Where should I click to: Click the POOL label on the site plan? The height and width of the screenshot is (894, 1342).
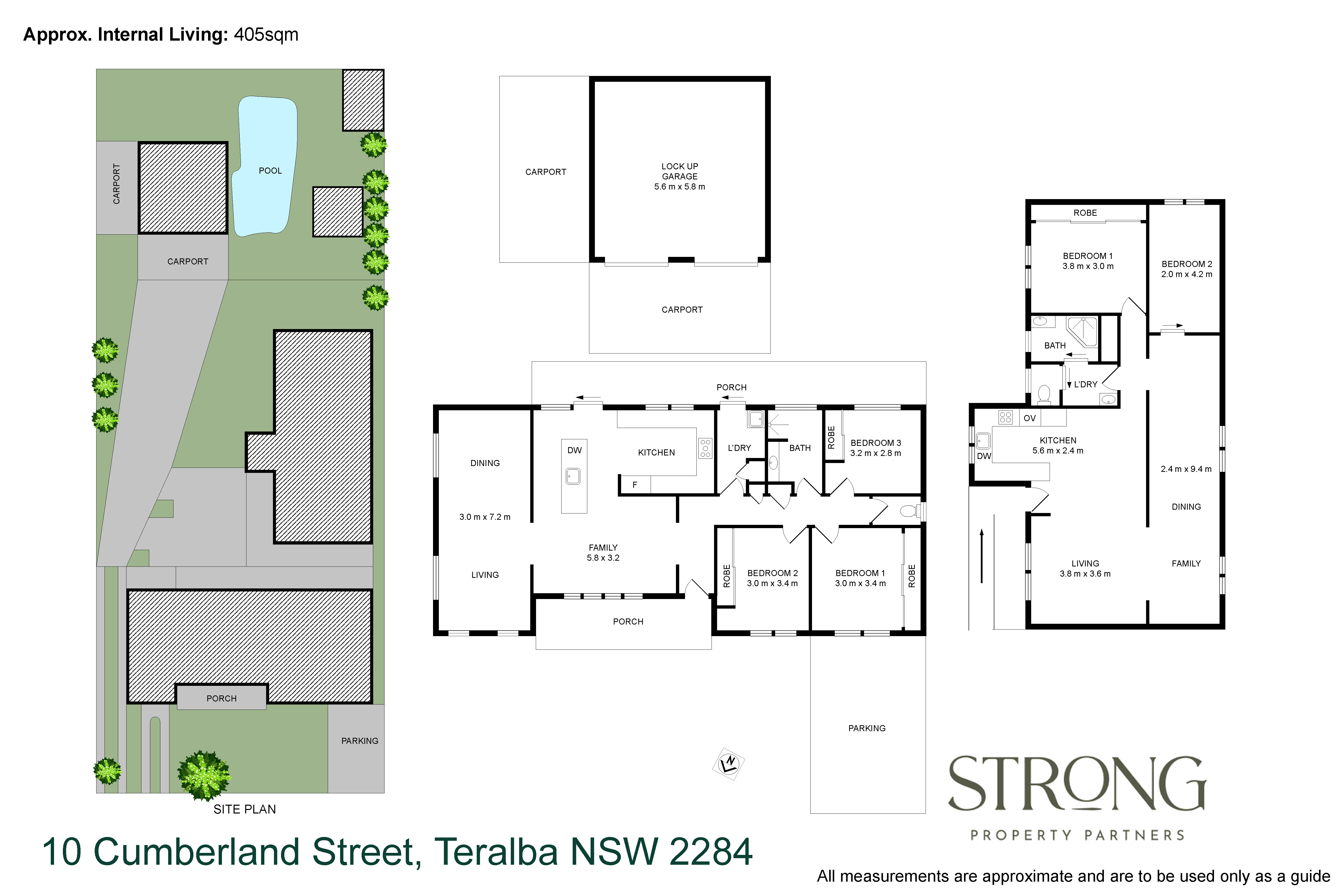[270, 171]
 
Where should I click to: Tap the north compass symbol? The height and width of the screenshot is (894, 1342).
[729, 764]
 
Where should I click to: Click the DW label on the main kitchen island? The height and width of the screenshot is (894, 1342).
[574, 450]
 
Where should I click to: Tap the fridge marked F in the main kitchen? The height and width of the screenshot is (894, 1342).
[635, 485]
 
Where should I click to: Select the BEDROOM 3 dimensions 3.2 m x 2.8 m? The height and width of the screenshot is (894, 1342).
[875, 453]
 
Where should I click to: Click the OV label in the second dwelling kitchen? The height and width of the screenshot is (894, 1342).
[1029, 418]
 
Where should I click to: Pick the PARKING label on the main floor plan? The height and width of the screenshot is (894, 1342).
[867, 728]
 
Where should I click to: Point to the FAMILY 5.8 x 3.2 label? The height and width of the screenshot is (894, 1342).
[603, 553]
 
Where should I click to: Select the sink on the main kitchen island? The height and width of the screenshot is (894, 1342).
[573, 476]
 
